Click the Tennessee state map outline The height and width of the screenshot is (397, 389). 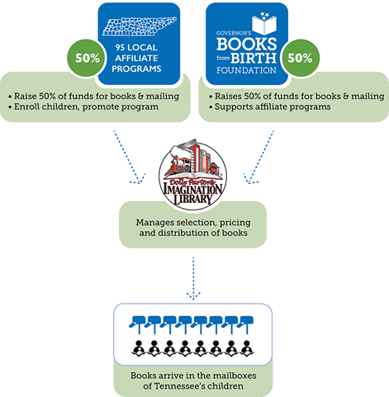coord(140,26)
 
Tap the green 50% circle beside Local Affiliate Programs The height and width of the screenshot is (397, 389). coord(88,58)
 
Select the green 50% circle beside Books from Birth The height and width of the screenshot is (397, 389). coord(300,58)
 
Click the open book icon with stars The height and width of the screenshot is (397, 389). coord(264,23)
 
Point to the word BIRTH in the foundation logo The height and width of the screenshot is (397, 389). coord(254,58)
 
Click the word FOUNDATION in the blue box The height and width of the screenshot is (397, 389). coord(246,70)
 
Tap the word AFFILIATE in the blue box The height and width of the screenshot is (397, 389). coord(136,58)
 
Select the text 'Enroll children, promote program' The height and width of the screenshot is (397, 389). coord(86,106)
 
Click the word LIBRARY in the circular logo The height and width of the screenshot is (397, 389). coord(192,199)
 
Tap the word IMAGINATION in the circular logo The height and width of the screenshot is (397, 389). coord(192,188)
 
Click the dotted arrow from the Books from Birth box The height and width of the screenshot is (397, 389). coord(259,156)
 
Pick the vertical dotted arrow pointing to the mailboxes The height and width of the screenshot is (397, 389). coord(193,278)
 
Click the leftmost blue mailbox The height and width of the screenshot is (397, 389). coord(137,324)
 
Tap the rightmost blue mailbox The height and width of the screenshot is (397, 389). coord(245,324)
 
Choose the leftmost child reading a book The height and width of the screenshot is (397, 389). coord(139,349)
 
